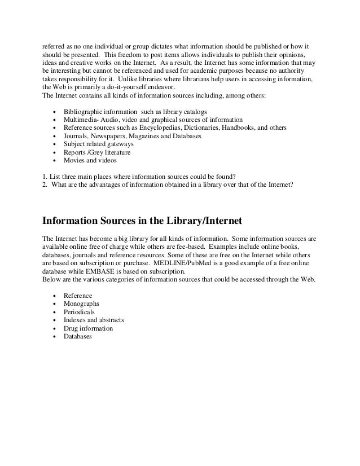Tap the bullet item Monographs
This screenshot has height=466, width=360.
[x=81, y=304]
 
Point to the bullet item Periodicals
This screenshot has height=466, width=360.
[x=79, y=312]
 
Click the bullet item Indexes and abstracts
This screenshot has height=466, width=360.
[x=94, y=320]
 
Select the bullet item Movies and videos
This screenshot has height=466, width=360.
[x=90, y=160]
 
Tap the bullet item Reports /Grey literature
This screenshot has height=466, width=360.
[x=97, y=152]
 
